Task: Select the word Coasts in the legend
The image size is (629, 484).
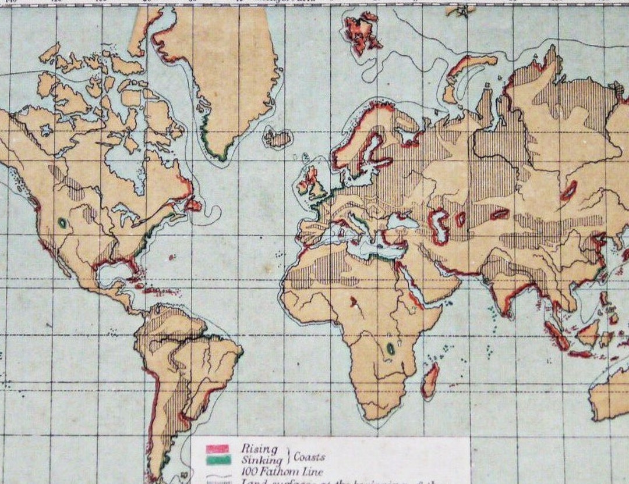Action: tap(309, 457)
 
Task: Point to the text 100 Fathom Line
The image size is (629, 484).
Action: tap(281, 472)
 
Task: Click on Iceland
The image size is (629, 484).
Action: tap(277, 138)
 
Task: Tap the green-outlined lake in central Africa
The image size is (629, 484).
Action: tap(390, 348)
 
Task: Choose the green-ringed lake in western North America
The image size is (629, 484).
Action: tap(62, 223)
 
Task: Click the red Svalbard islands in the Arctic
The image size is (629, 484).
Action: tap(362, 32)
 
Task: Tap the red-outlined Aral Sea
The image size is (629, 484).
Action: tap(461, 219)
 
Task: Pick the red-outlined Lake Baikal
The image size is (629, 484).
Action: tap(568, 190)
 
